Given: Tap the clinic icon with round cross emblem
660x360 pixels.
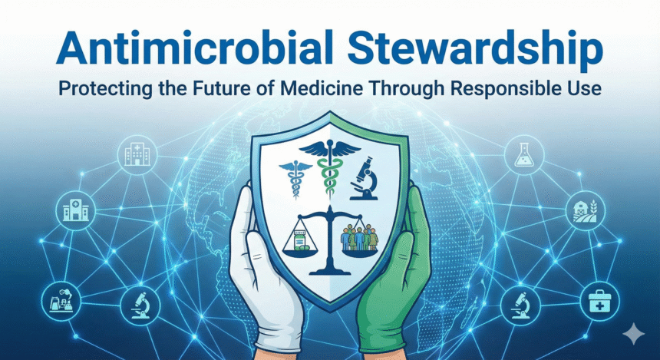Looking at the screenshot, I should tap(76, 210).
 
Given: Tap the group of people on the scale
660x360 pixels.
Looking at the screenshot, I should tap(360, 235).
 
